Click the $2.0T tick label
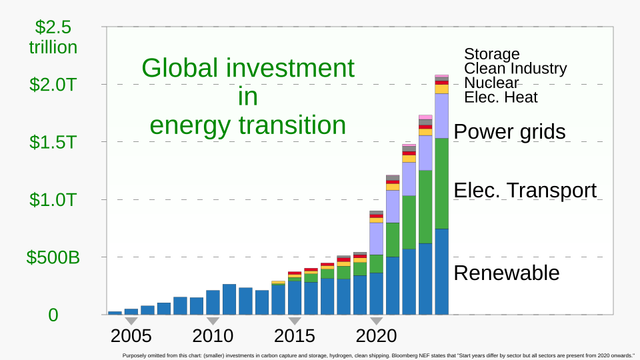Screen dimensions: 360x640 53,85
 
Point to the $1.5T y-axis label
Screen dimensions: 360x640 53,142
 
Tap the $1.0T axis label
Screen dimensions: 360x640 53,199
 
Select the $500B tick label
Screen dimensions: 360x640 53,257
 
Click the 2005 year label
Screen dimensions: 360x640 131,335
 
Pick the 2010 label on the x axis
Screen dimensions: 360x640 213,335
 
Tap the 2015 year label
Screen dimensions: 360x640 295,335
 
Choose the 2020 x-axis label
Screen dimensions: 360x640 376,335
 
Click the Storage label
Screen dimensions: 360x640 491,54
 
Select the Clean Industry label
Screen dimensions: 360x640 515,68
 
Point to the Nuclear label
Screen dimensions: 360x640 491,83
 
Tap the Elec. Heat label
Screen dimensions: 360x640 501,97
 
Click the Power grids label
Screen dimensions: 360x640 509,132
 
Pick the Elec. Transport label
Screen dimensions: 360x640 525,191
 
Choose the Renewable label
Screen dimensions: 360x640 506,273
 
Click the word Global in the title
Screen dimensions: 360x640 179,68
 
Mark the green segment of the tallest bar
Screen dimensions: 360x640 441,183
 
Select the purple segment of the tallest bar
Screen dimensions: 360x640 441,115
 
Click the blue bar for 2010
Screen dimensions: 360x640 213,302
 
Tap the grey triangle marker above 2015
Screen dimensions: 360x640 295,321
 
